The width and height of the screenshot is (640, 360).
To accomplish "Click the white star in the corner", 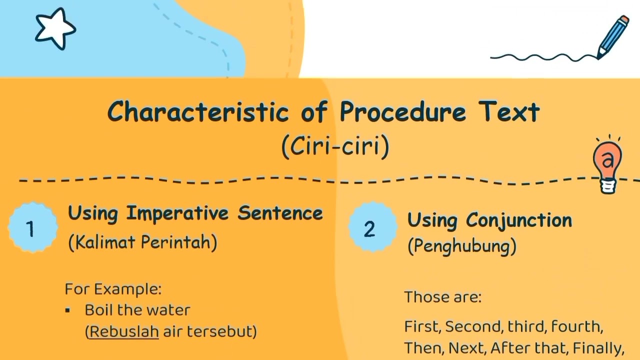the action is point(55,28).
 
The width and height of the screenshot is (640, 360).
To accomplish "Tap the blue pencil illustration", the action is point(612,37).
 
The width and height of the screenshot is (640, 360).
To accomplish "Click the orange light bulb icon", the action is point(607,164).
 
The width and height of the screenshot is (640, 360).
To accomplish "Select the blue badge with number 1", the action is point(33,227).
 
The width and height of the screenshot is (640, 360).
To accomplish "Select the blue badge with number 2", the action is point(372,227).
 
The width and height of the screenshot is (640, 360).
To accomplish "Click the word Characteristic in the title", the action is point(198,111).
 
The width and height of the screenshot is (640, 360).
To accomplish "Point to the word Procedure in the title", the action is point(403,111).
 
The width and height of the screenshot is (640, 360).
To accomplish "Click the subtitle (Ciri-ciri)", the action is point(335,146).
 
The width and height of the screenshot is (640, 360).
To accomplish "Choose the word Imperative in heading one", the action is point(177,213).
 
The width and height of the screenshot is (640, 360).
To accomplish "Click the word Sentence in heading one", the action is point(280,213).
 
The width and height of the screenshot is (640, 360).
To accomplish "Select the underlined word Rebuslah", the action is point(124,331).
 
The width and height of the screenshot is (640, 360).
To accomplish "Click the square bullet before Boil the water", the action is point(67,310).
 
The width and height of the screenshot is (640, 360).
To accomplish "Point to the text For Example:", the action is point(113,289).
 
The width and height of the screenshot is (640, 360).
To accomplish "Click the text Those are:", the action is point(443,296).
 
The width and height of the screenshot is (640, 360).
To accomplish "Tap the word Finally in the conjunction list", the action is point(598,348).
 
